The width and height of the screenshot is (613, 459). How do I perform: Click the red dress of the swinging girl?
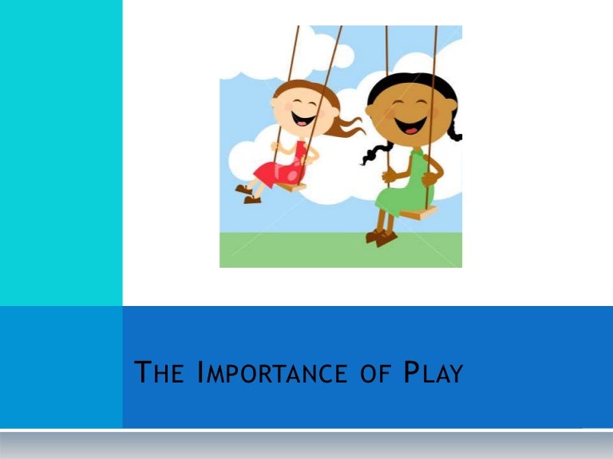279,163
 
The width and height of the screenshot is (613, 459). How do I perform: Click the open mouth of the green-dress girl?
413,125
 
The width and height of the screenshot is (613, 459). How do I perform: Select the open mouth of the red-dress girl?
303,119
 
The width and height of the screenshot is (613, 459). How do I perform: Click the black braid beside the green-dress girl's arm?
373,152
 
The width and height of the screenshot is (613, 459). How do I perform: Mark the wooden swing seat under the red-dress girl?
292,186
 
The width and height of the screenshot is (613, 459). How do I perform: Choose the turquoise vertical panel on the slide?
61,151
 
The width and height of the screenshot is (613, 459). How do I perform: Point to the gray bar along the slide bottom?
306,445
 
